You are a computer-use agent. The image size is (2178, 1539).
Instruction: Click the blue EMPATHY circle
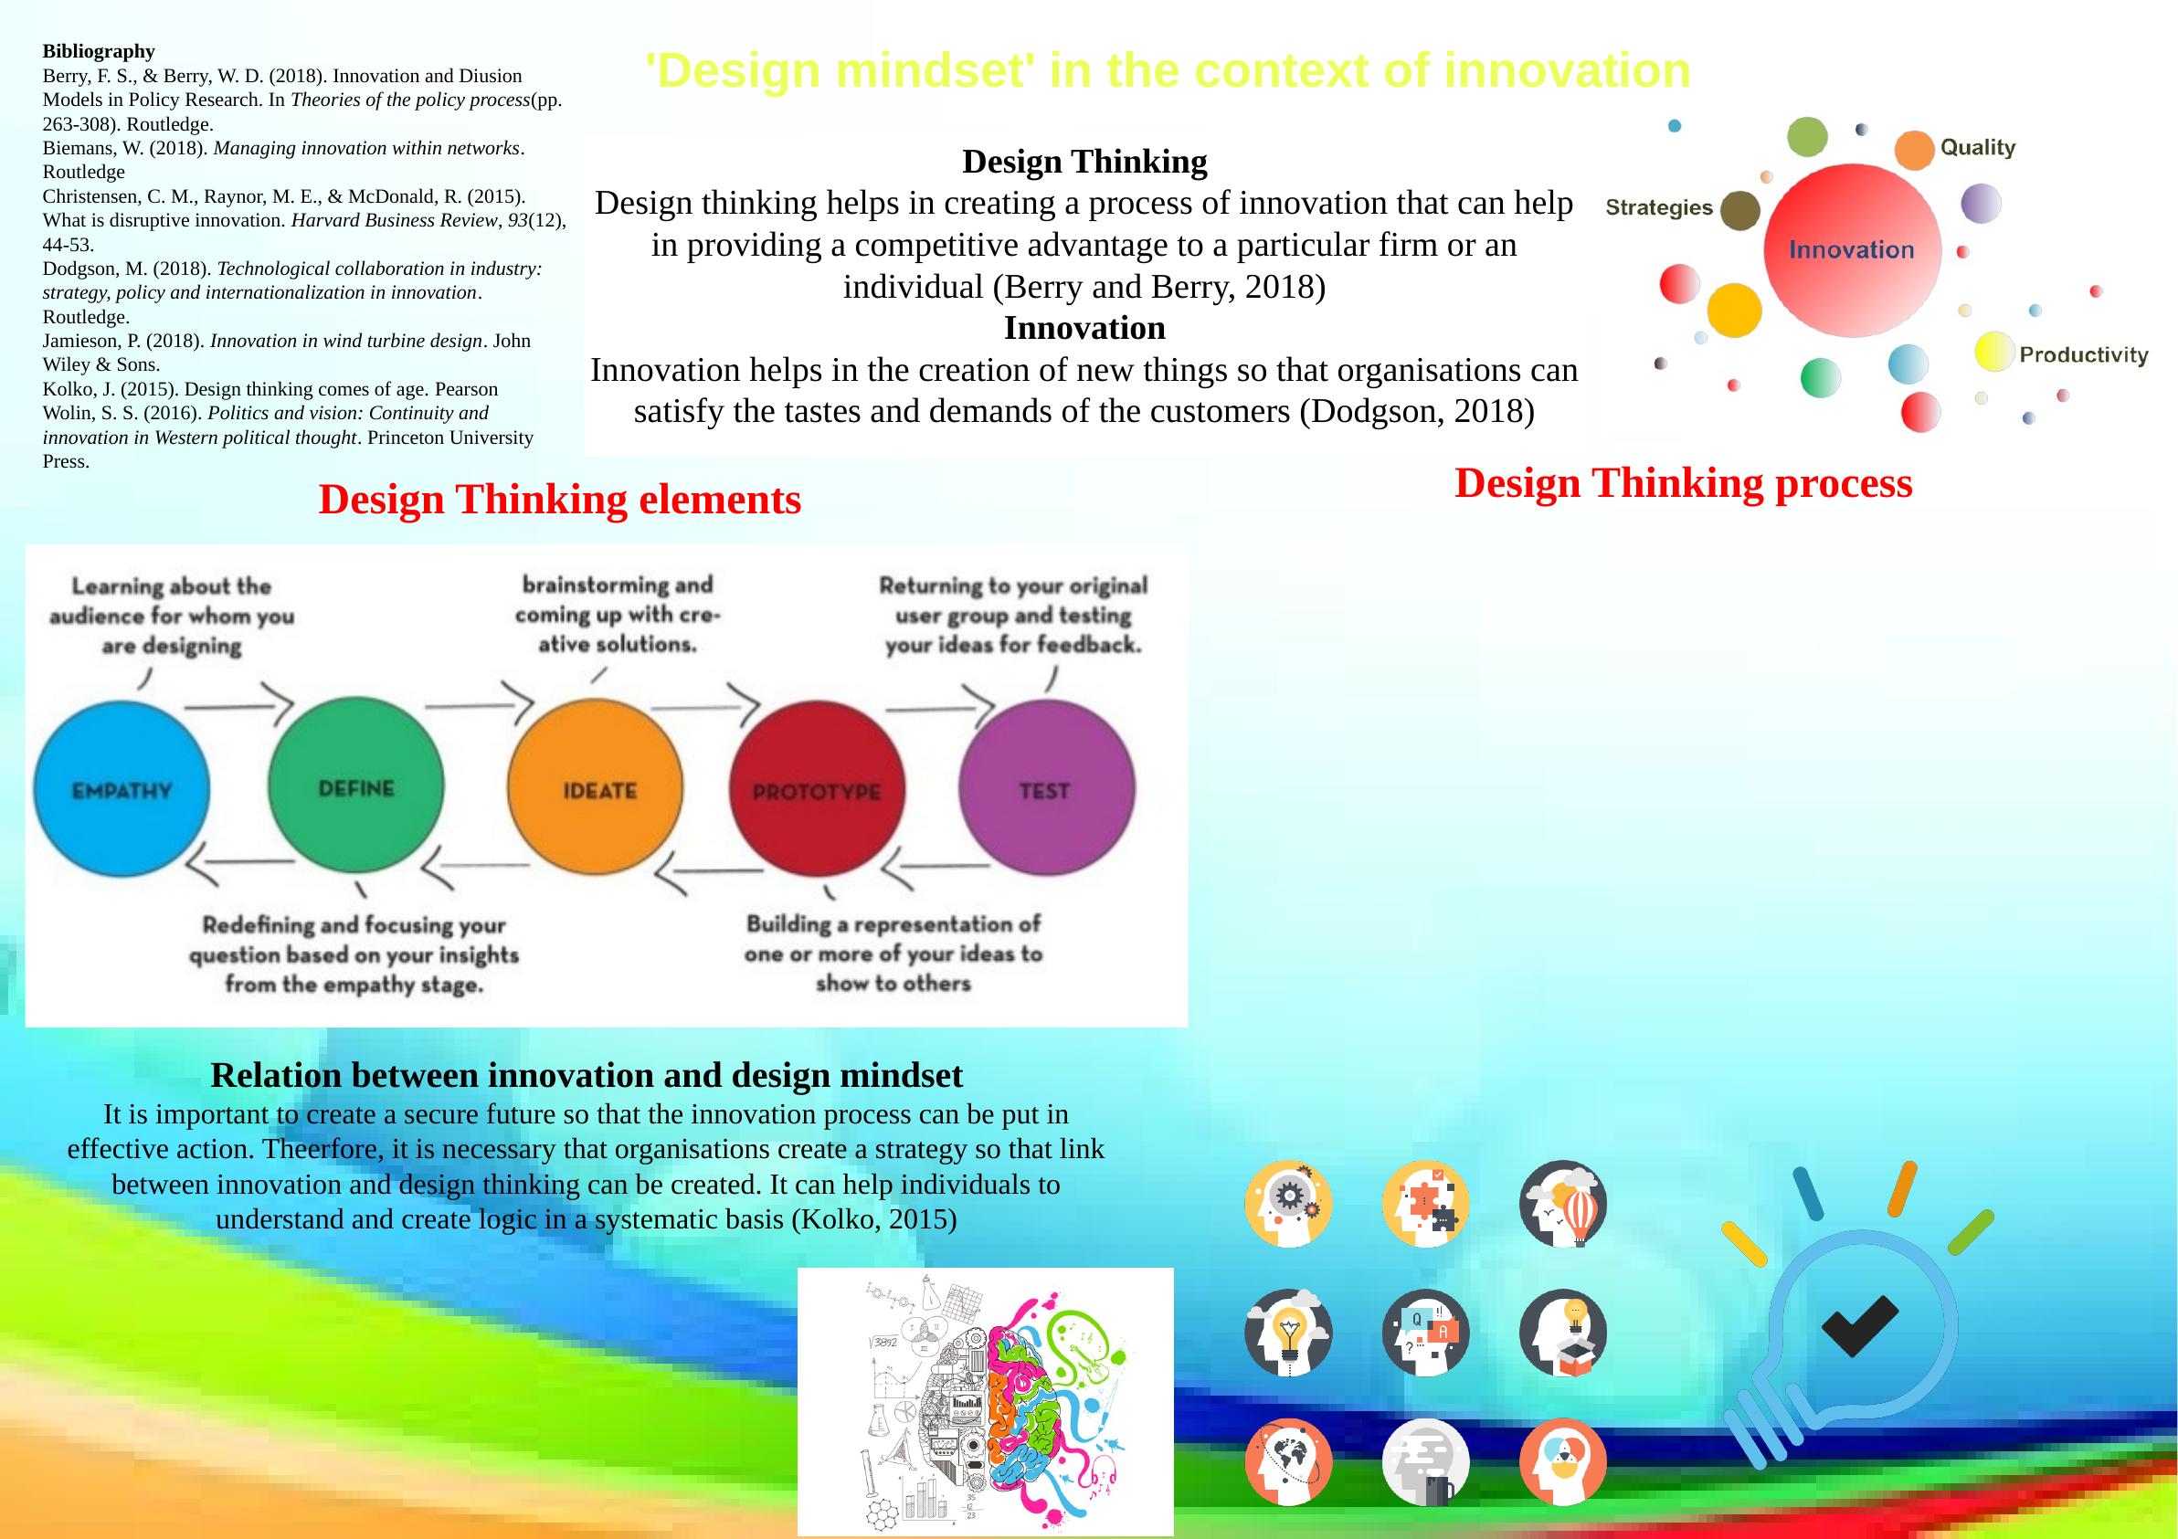122,789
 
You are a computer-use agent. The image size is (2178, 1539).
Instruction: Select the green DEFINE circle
355,785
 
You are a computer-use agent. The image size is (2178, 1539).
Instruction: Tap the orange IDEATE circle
596,787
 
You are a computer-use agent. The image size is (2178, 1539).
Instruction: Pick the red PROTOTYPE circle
817,789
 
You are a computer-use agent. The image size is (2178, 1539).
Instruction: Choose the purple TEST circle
1046,787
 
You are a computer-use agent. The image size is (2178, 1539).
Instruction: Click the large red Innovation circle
1852,250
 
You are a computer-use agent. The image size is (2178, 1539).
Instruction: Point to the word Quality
1978,148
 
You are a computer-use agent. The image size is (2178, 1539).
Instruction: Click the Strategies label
1659,207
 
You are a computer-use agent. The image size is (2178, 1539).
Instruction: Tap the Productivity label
2083,355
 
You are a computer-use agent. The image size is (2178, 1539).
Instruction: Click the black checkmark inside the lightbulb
1859,1324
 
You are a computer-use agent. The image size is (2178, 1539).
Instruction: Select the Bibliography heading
99,51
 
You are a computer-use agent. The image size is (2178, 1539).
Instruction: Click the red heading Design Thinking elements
560,500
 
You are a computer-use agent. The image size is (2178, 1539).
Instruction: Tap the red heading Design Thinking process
1684,482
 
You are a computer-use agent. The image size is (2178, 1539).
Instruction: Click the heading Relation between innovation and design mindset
587,1075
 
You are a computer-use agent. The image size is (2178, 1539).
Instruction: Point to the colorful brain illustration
986,1401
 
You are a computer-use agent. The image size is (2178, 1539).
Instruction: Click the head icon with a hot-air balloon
1563,1203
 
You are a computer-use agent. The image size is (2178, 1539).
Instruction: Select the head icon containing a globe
1288,1461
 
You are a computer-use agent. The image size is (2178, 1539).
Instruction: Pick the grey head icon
1426,1461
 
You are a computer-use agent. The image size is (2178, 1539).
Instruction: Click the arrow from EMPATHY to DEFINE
238,704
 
